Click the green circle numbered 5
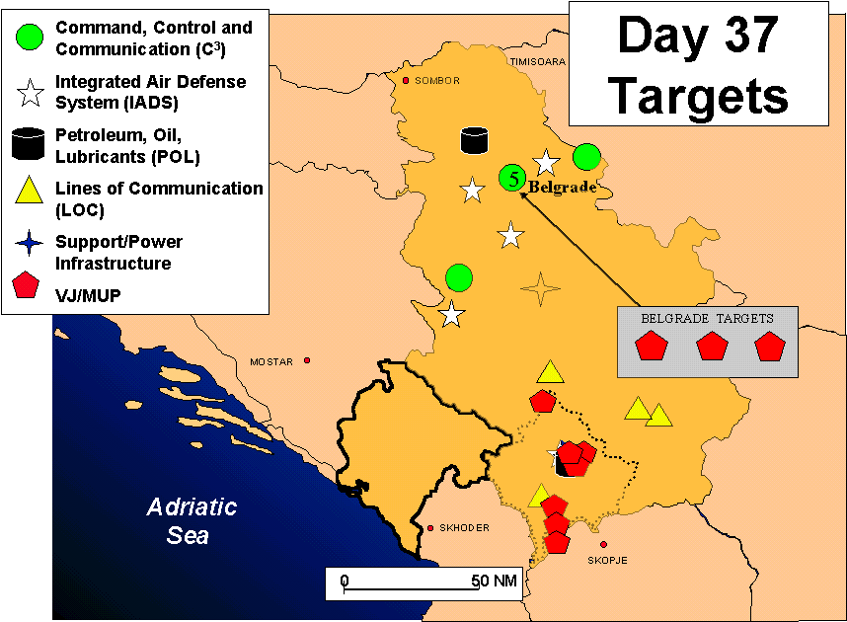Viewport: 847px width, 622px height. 512,178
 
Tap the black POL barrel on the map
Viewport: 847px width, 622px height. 474,140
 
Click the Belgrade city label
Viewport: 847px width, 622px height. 563,188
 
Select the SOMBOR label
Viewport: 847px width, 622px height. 437,81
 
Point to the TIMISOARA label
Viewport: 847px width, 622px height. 537,61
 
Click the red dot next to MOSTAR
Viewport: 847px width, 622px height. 307,360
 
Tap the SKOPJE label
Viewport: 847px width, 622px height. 608,561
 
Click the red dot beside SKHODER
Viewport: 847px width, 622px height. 430,528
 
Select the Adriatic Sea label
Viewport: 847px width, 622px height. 191,521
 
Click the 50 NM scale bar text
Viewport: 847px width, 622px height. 494,581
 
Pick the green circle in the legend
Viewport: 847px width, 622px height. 30,38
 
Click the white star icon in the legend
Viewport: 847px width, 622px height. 31,93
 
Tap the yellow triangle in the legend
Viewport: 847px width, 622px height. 29,190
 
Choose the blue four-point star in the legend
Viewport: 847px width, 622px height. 30,243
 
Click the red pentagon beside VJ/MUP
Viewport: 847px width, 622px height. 26,284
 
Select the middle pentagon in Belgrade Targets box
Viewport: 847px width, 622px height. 712,346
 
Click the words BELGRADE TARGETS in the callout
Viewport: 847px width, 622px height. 707,318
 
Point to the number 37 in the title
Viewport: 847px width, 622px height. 751,36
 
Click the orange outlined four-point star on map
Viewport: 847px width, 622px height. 540,289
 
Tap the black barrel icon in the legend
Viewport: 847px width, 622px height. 28,144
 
